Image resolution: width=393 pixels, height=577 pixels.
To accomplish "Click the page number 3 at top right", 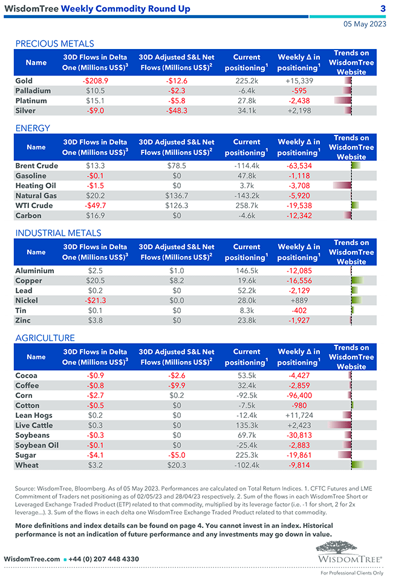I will (x=383, y=8).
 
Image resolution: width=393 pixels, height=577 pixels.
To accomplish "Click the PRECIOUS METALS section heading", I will (x=54, y=44).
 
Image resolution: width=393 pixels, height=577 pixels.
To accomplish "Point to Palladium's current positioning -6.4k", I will (x=247, y=91).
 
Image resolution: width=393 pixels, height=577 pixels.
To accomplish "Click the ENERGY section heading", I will (x=33, y=128).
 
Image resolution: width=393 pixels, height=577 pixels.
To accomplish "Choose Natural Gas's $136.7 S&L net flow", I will (x=177, y=196).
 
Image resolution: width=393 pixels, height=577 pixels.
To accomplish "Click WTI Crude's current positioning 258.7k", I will (x=247, y=206).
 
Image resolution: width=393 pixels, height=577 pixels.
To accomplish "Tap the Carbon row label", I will (x=28, y=215).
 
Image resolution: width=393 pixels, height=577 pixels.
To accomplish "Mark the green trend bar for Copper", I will (x=357, y=281).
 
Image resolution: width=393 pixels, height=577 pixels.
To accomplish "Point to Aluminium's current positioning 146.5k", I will (x=247, y=271).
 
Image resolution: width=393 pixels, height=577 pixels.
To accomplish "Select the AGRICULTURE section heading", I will (x=45, y=338).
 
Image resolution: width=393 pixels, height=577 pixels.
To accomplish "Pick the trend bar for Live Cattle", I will (x=340, y=425).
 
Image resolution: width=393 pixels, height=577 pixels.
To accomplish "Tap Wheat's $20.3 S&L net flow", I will (x=177, y=465).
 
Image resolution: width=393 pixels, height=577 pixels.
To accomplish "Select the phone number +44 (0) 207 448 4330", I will (x=105, y=559).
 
